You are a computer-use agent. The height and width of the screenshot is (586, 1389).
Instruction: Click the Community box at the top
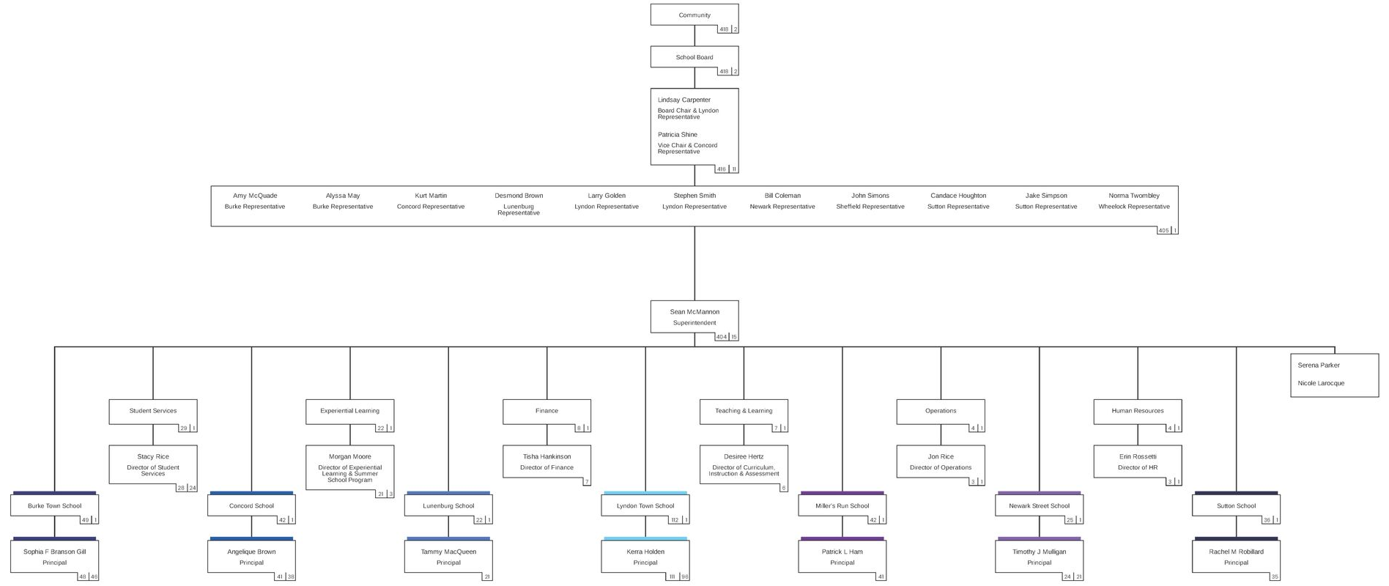point(694,15)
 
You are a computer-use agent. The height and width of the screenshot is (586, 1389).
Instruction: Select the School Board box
point(694,57)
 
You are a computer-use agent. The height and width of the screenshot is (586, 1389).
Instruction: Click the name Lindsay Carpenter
point(684,100)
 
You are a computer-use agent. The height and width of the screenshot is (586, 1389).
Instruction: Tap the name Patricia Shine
point(677,135)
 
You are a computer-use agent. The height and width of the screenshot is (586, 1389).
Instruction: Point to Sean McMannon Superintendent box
point(694,317)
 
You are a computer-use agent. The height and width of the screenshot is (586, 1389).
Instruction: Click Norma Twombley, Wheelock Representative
point(1133,201)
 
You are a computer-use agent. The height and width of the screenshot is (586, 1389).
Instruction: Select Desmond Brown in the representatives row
point(519,196)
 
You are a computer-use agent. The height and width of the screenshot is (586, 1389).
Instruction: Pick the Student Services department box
point(152,411)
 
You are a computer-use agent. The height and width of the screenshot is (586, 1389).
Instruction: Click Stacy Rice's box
point(152,464)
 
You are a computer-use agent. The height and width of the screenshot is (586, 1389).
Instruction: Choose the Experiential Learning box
point(349,411)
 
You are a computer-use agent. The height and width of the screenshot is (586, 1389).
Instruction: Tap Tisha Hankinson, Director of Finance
point(547,461)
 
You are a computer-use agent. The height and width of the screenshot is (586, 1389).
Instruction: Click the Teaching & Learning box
point(744,411)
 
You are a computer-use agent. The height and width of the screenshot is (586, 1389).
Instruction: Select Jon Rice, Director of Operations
point(940,461)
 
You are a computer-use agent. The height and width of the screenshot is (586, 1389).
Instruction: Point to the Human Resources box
point(1137,411)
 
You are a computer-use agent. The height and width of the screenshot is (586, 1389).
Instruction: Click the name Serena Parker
point(1318,365)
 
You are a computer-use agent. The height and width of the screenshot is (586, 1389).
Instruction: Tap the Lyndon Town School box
point(645,506)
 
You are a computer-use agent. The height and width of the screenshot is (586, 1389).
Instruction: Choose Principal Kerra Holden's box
point(645,556)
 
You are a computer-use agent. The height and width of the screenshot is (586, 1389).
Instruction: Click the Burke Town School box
point(54,506)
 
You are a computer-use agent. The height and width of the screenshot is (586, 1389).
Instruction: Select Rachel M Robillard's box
point(1236,556)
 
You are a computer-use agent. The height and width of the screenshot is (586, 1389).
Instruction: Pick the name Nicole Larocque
point(1320,383)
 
